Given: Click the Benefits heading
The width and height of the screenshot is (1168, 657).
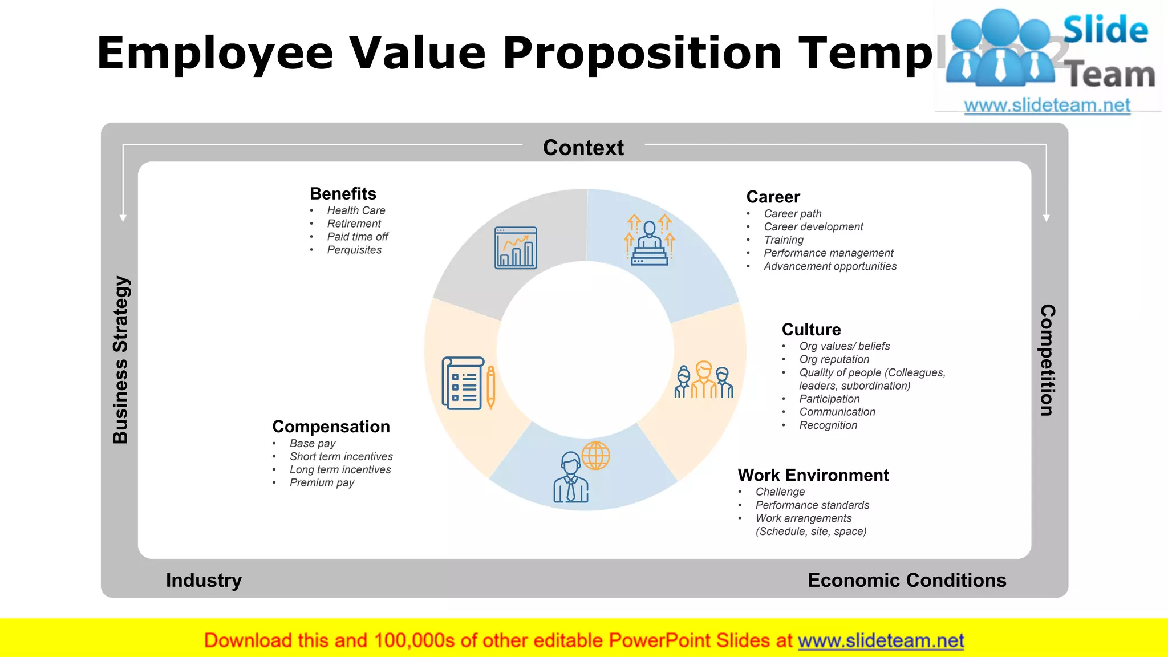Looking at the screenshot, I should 343,194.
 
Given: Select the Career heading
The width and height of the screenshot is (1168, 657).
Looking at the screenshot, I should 773,197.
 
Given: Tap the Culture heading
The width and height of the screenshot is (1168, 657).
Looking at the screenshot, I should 811,330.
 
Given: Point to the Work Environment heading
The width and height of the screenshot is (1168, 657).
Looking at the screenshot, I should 813,475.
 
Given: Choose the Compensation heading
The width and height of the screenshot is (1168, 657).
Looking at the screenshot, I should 331,427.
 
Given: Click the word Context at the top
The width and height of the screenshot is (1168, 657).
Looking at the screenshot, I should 583,148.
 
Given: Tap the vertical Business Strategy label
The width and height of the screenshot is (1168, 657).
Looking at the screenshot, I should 121,359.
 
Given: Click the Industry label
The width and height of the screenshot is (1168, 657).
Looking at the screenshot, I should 204,580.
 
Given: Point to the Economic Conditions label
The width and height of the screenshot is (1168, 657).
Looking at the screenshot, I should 907,580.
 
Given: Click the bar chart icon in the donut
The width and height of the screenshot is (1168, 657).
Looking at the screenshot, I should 516,248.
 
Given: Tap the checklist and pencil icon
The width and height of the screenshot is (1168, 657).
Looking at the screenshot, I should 468,383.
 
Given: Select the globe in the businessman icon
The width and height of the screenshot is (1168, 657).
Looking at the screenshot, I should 595,456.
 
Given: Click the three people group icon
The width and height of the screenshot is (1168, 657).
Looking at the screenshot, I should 703,380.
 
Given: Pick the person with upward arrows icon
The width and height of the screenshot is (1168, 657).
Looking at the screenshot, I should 649,240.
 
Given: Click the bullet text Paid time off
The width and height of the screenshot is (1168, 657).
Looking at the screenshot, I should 358,237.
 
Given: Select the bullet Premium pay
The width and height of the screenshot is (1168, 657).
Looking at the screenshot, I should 322,483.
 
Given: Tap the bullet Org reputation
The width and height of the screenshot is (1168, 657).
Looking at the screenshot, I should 834,359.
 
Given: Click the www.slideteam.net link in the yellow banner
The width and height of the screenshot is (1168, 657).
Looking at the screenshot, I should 881,641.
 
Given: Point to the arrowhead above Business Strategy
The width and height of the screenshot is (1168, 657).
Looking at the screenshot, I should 123,218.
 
